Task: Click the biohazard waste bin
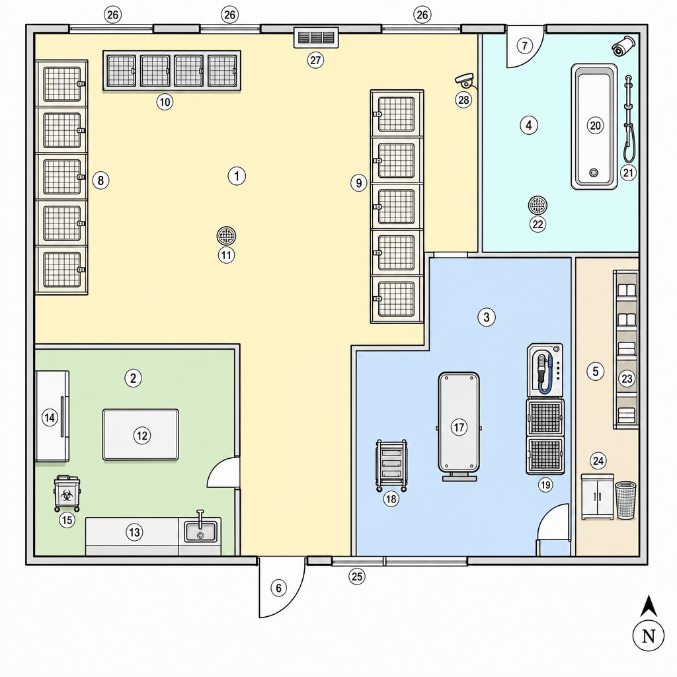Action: (67, 493)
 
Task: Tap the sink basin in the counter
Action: (201, 532)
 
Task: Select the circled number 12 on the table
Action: (142, 436)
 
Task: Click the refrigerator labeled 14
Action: (52, 417)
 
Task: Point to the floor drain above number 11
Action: (226, 236)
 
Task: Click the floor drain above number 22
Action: (538, 206)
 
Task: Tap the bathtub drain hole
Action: (594, 173)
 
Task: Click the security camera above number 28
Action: (465, 80)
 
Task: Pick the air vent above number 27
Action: (316, 38)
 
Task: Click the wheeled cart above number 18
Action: (391, 465)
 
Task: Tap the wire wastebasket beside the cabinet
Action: (625, 500)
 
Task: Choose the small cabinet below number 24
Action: (597, 497)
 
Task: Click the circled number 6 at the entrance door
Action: (278, 588)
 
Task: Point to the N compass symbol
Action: (648, 636)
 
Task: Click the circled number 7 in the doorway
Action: (524, 46)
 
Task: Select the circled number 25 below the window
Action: (356, 577)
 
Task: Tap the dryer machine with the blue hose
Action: (545, 370)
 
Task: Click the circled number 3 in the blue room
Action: (487, 317)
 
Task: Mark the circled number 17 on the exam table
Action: (459, 428)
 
